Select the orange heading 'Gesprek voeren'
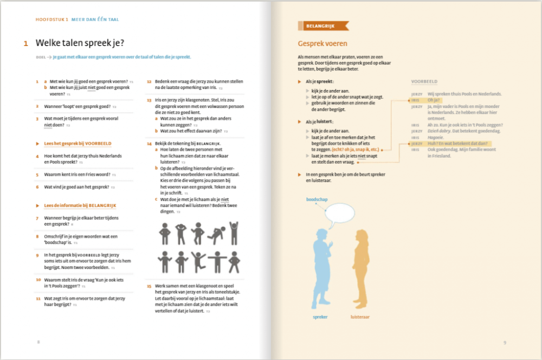(x=322, y=43)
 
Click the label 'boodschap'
(x=317, y=199)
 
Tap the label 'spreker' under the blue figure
(x=320, y=316)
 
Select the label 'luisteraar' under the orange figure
(x=360, y=316)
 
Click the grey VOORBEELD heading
(x=424, y=81)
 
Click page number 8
(x=38, y=342)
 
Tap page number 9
(x=504, y=342)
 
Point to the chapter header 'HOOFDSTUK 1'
(x=52, y=20)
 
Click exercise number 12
(x=149, y=81)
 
